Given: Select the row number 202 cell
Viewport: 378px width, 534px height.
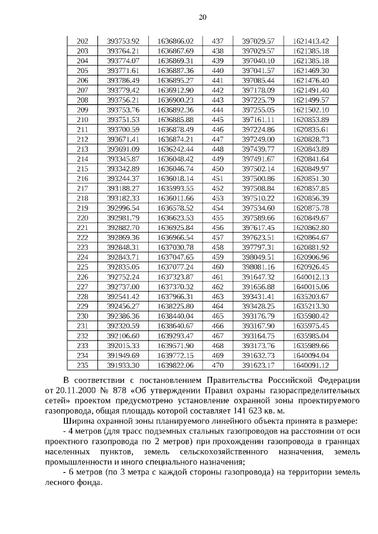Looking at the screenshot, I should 83,41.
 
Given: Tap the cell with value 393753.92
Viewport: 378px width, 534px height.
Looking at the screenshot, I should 123,41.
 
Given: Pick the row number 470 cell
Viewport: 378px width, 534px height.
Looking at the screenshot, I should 217,365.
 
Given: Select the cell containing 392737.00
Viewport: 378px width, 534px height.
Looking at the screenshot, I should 123,287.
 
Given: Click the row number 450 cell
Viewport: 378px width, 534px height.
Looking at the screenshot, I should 217,169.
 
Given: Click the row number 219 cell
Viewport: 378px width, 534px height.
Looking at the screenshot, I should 83,208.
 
